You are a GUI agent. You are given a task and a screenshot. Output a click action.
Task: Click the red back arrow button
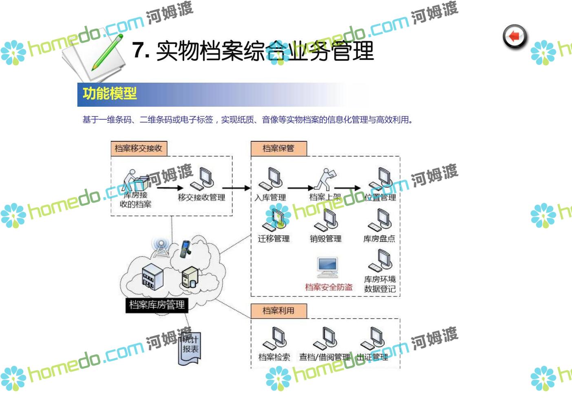pyautogui.click(x=515, y=37)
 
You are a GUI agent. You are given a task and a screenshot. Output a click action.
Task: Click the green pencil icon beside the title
pyautogui.click(x=107, y=52)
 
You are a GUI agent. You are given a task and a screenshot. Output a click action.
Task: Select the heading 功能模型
pyautogui.click(x=110, y=94)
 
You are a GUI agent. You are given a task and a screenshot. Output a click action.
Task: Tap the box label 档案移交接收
pyautogui.click(x=139, y=148)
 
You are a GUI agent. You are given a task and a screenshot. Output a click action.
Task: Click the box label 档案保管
pyautogui.click(x=278, y=148)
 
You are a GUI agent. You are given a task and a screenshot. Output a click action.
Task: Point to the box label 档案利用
pyautogui.click(x=278, y=311)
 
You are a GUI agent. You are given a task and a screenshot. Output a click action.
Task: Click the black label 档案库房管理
pyautogui.click(x=157, y=305)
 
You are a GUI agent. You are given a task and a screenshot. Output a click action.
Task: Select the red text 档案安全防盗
pyautogui.click(x=329, y=287)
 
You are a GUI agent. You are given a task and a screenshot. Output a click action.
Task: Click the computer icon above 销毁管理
pyautogui.click(x=327, y=220)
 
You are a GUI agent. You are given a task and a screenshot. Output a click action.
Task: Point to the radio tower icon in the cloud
pyautogui.click(x=161, y=247)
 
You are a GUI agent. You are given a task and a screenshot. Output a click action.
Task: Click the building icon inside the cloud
pyautogui.click(x=152, y=276)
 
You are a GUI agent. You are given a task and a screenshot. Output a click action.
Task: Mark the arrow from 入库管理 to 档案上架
pyautogui.click(x=300, y=188)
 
